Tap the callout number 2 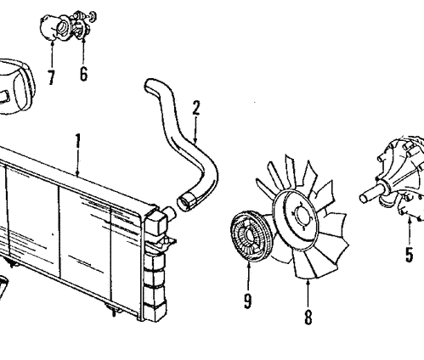pyautogui.click(x=196, y=108)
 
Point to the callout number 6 pyautogui.click(x=83, y=73)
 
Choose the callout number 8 pyautogui.click(x=308, y=318)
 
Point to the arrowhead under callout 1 pyautogui.click(x=77, y=174)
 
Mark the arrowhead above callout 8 pyautogui.click(x=308, y=278)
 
